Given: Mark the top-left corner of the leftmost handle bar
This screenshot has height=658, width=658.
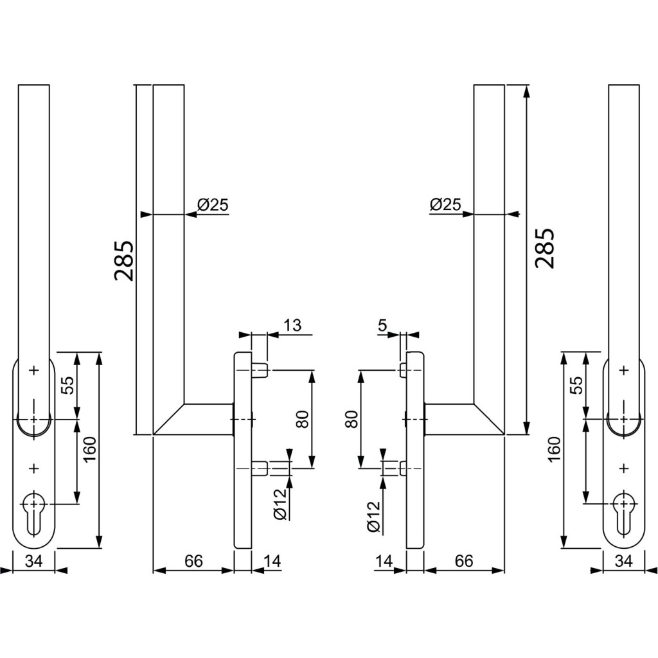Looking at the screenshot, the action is [19, 85].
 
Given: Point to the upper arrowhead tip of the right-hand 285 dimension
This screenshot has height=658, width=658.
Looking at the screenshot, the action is [526, 85].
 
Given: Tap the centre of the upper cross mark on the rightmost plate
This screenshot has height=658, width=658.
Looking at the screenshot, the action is [625, 370].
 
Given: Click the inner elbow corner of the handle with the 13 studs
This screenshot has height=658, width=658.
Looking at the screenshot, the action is [184, 404].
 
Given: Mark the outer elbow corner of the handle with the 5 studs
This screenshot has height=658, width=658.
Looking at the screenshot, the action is [504, 435].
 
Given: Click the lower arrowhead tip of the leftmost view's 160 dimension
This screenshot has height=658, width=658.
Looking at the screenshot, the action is [99, 547].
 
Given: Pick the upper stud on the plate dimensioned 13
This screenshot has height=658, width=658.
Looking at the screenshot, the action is [260, 370].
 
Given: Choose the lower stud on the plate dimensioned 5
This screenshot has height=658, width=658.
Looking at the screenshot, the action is [404, 468].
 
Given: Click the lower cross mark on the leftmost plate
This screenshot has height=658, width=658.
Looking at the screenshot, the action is [34, 468].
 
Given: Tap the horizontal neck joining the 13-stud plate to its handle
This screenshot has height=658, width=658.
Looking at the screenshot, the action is [209, 419].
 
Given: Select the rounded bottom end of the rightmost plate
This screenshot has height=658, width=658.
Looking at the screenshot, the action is [623, 539].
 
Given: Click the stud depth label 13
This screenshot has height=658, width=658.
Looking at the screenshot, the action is [292, 326].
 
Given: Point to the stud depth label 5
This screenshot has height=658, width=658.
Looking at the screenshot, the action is [382, 326].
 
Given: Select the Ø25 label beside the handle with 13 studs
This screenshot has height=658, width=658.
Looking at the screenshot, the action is [213, 205].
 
